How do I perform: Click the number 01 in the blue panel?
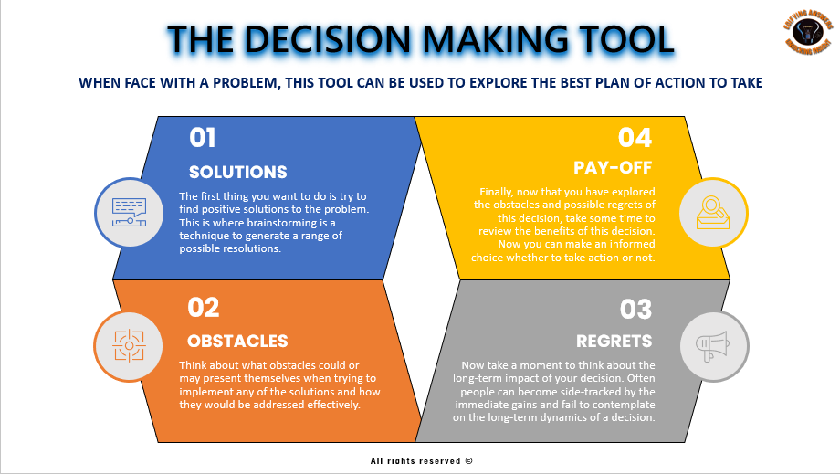tap(203, 138)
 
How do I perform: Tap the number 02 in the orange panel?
tap(204, 308)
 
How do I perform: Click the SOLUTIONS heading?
tap(237, 172)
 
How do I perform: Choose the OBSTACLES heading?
tap(237, 342)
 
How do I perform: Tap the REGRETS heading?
tap(614, 342)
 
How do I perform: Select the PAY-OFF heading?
tap(613, 167)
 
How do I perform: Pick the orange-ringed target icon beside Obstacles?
tap(129, 346)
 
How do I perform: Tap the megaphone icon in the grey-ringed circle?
tap(714, 345)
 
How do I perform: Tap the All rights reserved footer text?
tap(421, 461)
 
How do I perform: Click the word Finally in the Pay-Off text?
tap(499, 192)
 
